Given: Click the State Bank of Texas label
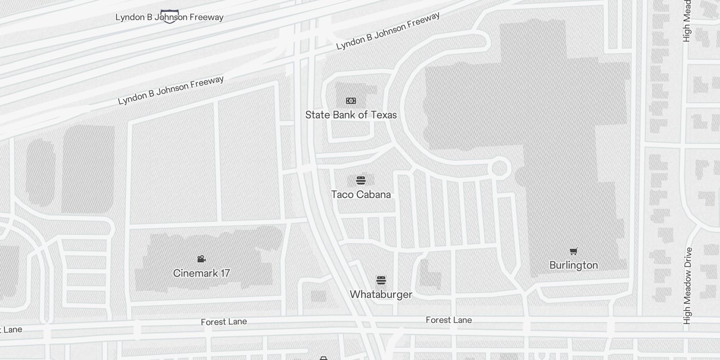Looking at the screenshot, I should click(351, 115).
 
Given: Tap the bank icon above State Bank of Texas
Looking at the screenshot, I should click(351, 101).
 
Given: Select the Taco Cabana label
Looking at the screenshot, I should click(361, 194).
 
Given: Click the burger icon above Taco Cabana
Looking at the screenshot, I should click(361, 180).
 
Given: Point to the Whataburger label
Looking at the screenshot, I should click(381, 294).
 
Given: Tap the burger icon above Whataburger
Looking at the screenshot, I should click(381, 281).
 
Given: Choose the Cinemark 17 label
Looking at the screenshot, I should click(202, 273).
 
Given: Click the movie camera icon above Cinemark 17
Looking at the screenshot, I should click(202, 259).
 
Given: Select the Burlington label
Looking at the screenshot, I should click(574, 265).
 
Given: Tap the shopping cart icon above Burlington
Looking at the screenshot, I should click(574, 251).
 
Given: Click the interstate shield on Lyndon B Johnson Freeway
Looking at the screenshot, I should click(170, 17).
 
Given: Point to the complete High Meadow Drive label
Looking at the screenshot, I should click(687, 286).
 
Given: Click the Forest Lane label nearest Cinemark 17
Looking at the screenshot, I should click(224, 322).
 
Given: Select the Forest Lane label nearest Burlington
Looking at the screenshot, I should click(449, 320).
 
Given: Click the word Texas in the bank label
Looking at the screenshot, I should click(383, 115).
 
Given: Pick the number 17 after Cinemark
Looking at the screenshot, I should click(224, 273).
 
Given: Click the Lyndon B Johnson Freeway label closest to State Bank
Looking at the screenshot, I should click(388, 31).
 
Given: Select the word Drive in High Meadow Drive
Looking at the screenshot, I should click(687, 259).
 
